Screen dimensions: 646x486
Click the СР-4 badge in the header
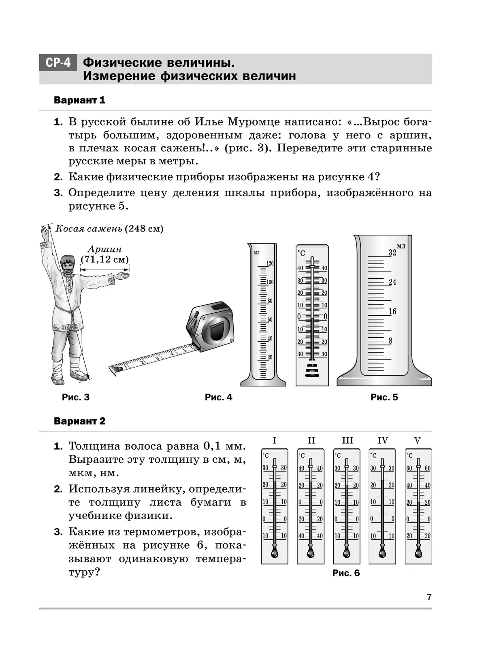coord(58,63)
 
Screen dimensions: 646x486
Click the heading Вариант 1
coord(79,100)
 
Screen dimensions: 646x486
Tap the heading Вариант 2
coord(79,421)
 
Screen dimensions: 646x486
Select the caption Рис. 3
coord(76,397)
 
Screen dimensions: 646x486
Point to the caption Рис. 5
coord(384,397)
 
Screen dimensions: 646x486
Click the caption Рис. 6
coord(346,573)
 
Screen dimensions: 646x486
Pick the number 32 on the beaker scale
coord(392,253)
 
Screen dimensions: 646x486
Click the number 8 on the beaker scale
coord(390,341)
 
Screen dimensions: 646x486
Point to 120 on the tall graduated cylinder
coord(270,263)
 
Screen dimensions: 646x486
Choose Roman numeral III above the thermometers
coord(347,440)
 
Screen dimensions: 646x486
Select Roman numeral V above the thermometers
coord(418,440)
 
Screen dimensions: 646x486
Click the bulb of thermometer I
coord(275,552)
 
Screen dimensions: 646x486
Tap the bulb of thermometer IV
coord(382,552)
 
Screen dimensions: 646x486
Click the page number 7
coord(429,597)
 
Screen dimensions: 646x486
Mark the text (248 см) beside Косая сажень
coord(144,229)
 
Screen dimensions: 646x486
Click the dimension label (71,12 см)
coord(104,259)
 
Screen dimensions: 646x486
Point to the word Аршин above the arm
coord(104,249)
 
